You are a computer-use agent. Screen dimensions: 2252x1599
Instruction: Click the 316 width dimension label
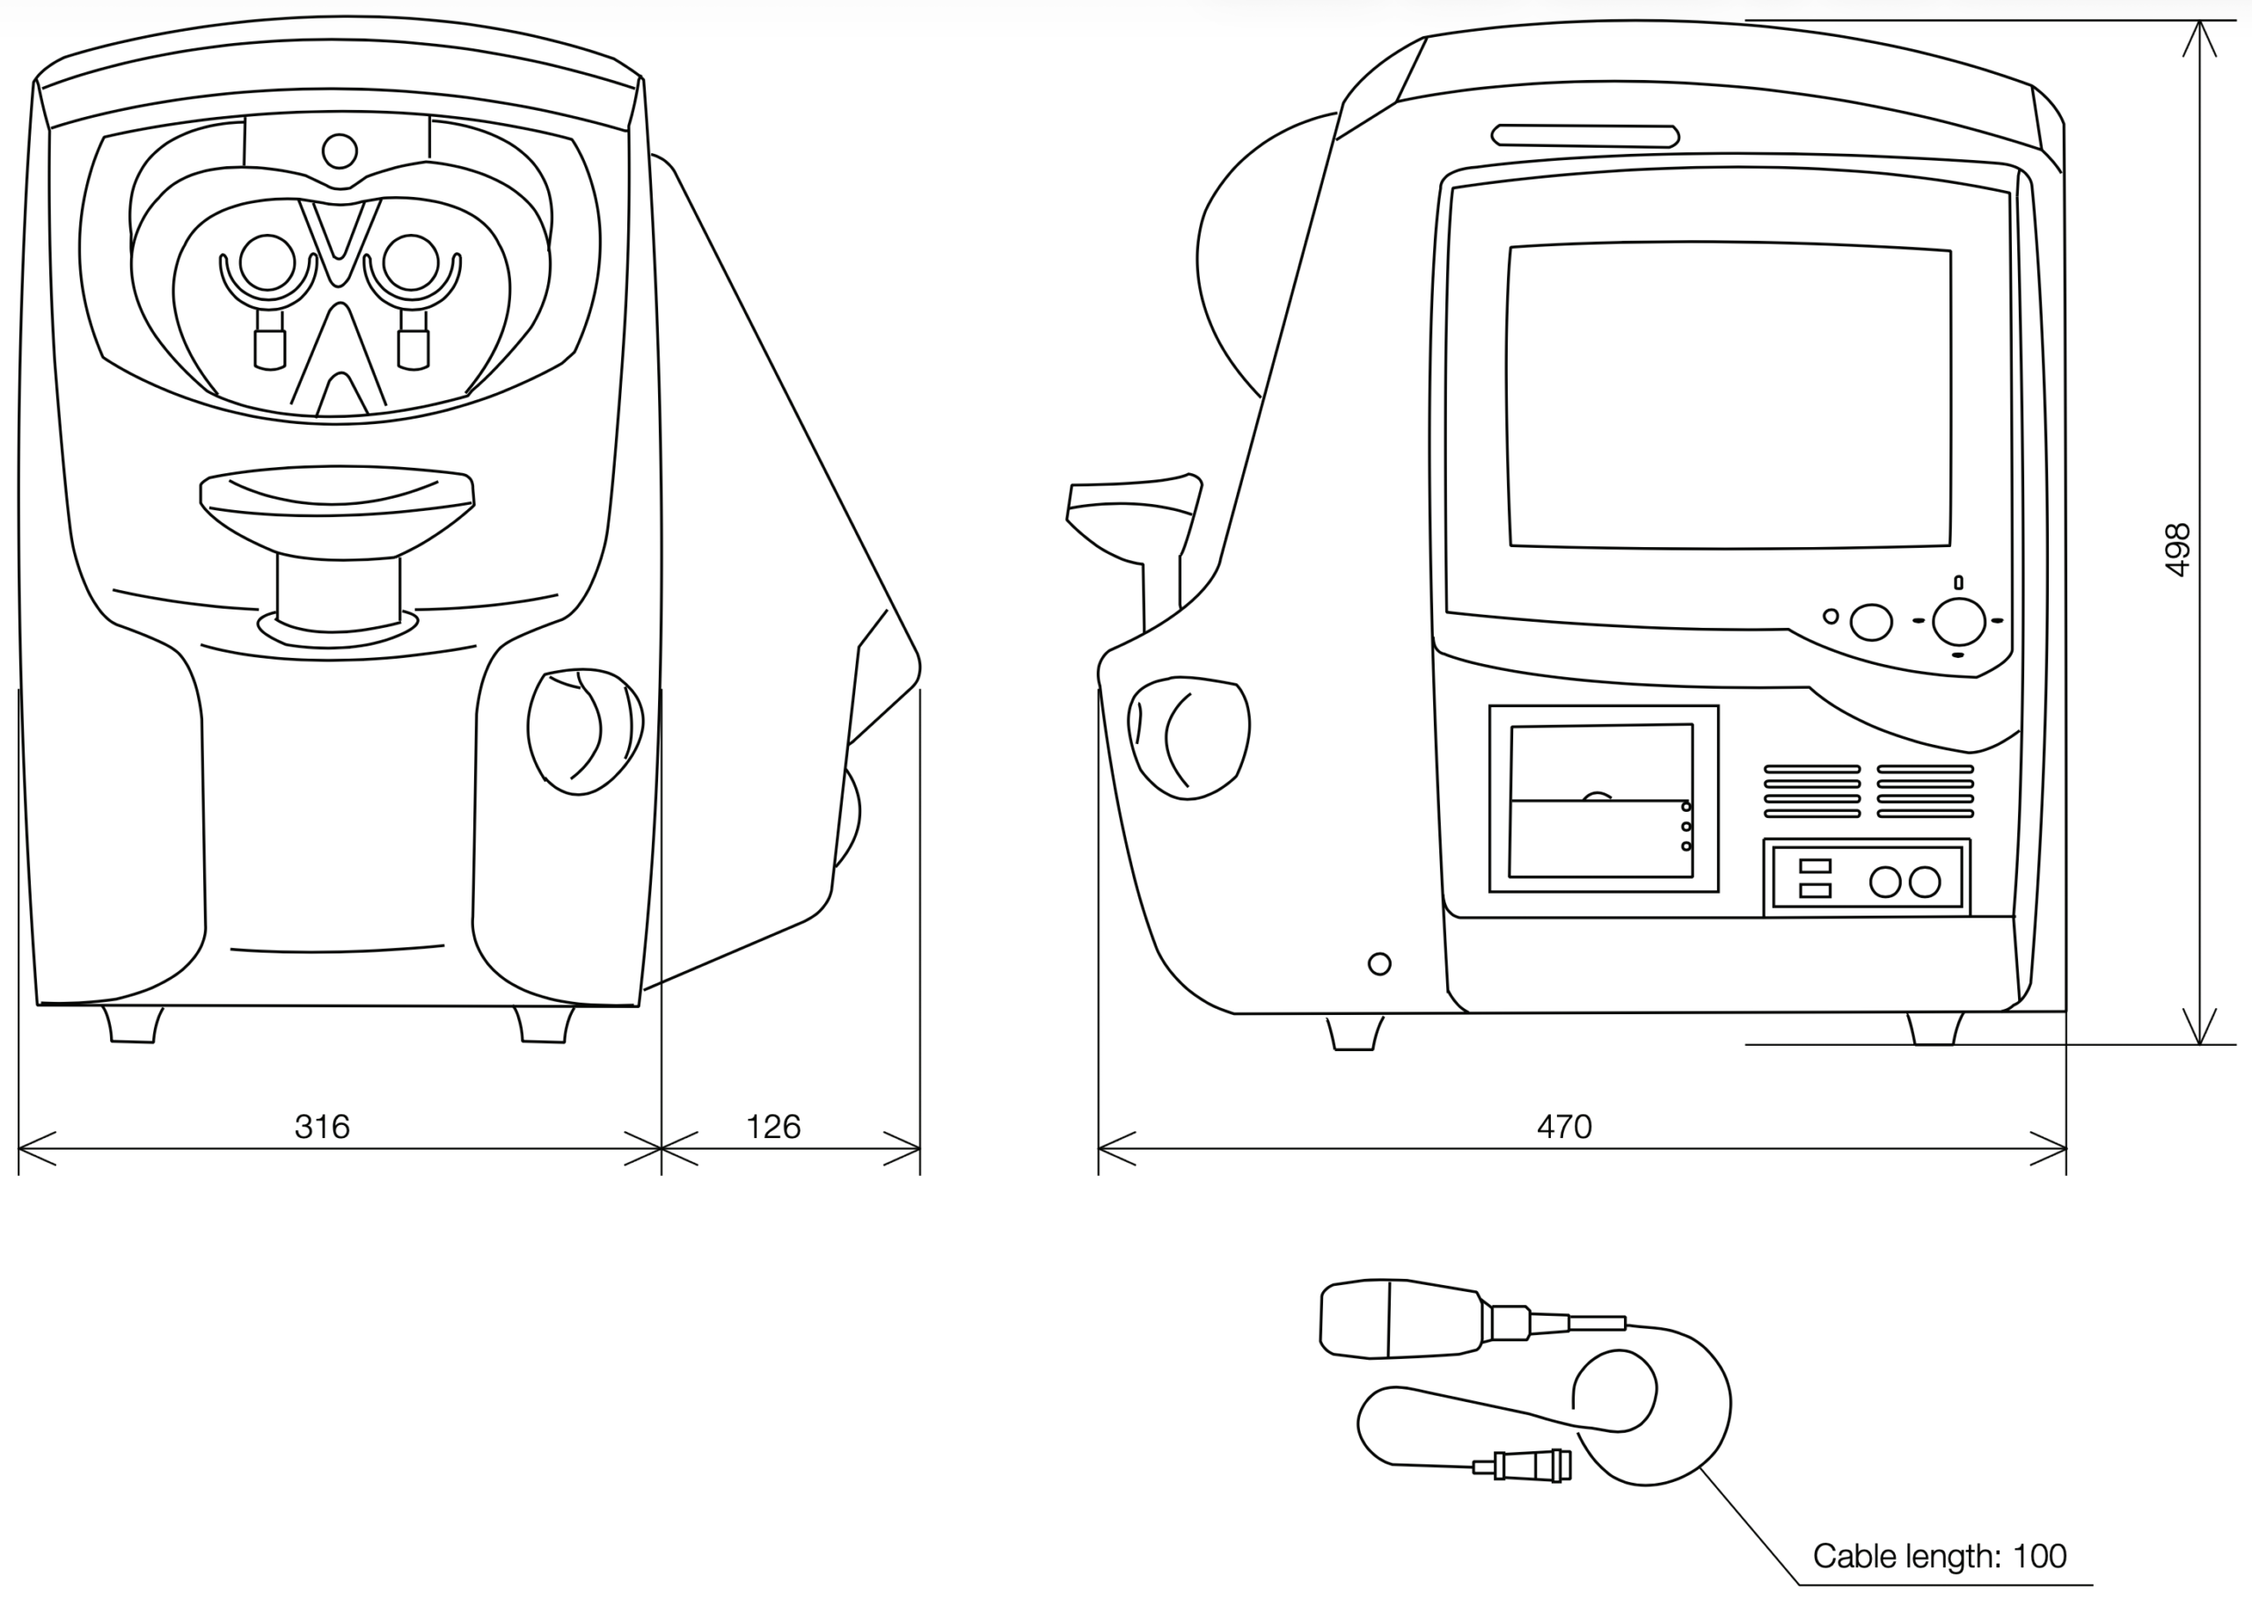(322, 1127)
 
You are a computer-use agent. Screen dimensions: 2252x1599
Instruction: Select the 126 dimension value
(773, 1127)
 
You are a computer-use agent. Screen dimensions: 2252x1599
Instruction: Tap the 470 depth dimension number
(1564, 1127)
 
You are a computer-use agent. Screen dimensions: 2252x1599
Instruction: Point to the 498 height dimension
(2178, 550)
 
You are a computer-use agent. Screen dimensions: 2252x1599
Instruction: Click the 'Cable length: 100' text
(1939, 1556)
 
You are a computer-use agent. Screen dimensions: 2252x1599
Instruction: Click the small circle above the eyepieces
(340, 151)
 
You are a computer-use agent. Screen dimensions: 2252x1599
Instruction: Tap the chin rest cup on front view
(337, 512)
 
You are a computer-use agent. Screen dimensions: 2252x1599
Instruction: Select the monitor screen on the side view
(1729, 395)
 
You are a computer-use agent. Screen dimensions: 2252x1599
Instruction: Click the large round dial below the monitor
(1958, 621)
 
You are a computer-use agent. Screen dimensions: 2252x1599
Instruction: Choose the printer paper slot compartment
(1603, 799)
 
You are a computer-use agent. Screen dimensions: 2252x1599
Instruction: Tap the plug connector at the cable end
(1523, 1465)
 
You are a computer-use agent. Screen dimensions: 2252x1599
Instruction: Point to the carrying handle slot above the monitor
(1585, 135)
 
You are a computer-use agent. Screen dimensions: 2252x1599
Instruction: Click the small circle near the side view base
(1379, 964)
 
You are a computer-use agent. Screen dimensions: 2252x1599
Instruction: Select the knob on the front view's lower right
(585, 731)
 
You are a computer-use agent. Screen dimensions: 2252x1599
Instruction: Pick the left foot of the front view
(132, 1024)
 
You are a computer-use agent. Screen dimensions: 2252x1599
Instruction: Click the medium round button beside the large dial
(1871, 622)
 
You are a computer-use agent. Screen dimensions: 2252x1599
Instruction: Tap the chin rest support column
(339, 593)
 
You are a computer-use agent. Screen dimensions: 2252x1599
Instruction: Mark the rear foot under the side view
(1934, 1028)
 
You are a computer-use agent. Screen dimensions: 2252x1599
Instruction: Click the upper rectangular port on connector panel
(1815, 866)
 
